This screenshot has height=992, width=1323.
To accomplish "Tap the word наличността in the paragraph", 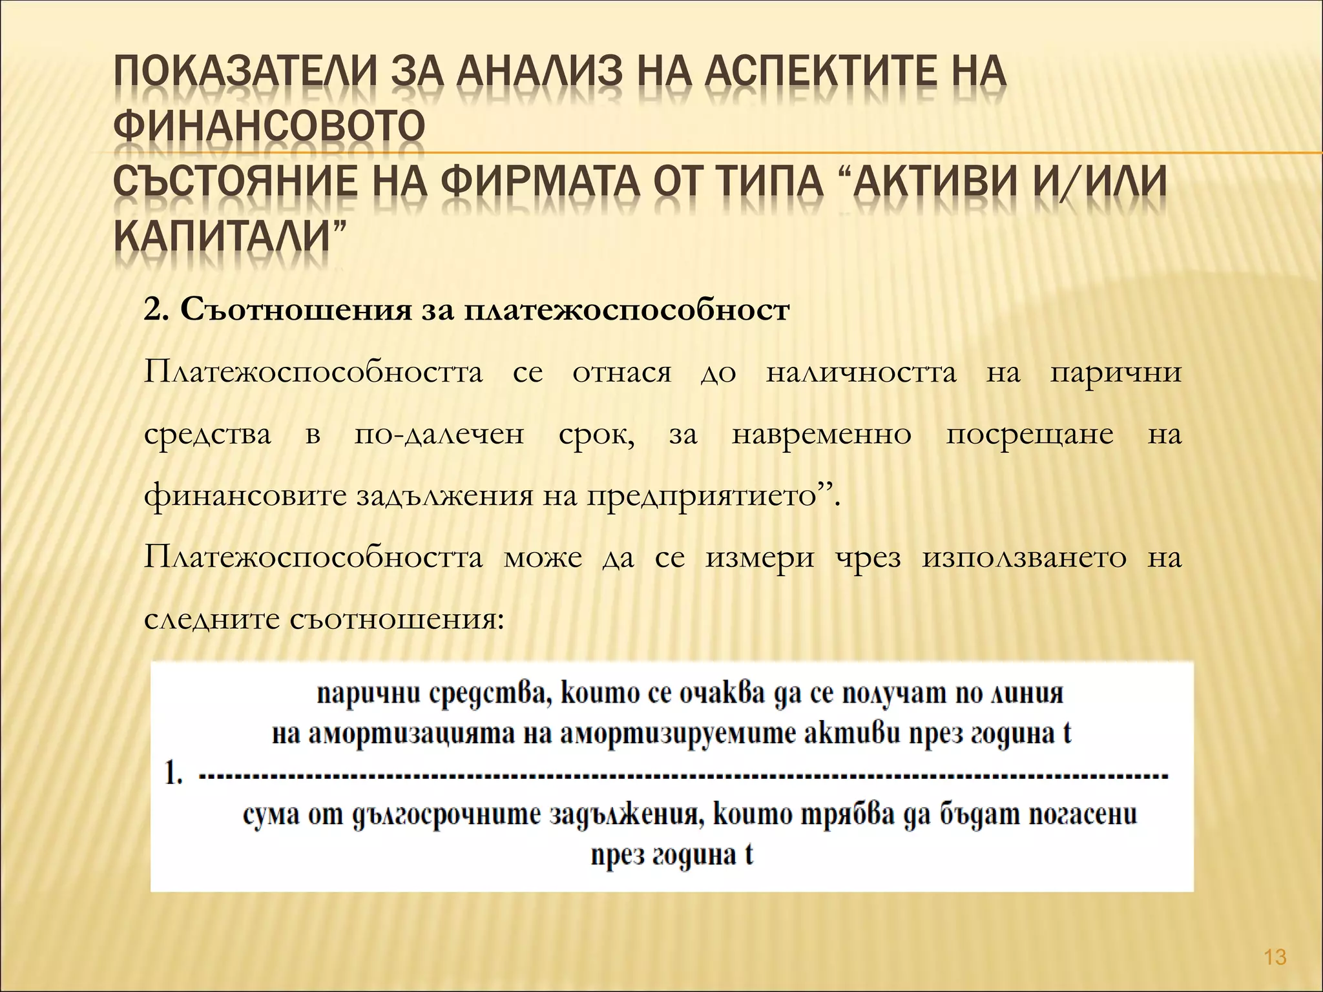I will (x=860, y=373).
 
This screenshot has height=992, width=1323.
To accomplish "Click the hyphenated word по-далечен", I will (x=439, y=434).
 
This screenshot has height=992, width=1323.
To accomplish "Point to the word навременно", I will (x=821, y=434).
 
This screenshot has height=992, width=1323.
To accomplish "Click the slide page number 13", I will (x=1275, y=957).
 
